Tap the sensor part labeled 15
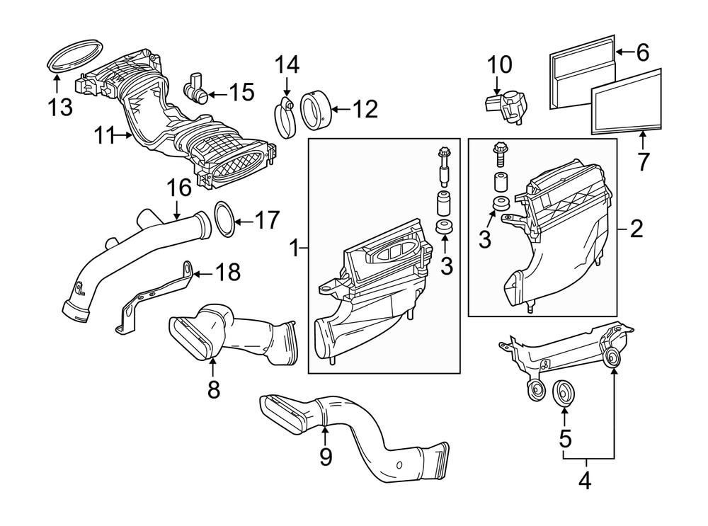click(195, 88)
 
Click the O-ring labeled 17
click(222, 220)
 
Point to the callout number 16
click(179, 188)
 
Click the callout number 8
click(214, 388)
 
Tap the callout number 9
click(325, 457)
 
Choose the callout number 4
click(584, 481)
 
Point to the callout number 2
click(636, 229)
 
